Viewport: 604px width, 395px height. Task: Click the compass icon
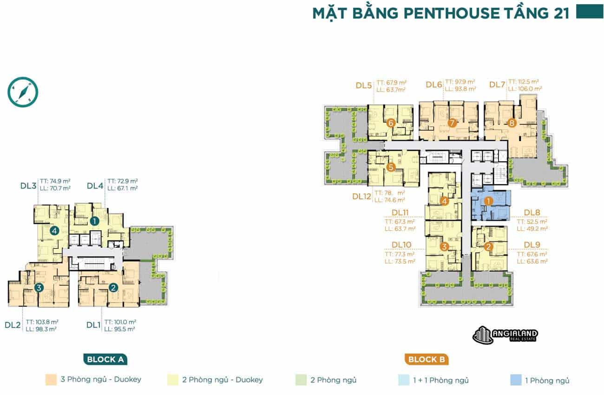coord(22,92)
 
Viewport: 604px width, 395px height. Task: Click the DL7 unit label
coord(497,84)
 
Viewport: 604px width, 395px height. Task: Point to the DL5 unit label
coord(364,85)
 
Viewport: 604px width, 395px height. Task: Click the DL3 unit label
coord(28,186)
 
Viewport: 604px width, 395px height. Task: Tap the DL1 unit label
coord(94,325)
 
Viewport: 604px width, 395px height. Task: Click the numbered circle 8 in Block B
coord(512,123)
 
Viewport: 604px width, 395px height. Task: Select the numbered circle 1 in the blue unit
coord(488,201)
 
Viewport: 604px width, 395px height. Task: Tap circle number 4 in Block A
coord(54,230)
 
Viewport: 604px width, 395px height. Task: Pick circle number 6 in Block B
coord(390,123)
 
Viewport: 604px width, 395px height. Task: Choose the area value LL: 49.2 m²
coord(532,228)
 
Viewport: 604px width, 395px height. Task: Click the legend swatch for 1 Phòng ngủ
coord(515,380)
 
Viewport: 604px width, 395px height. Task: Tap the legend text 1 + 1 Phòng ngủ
coord(441,380)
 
